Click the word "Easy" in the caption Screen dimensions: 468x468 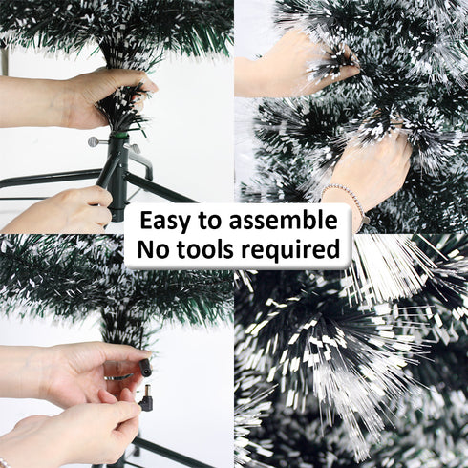(168, 221)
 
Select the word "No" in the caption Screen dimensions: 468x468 (157, 250)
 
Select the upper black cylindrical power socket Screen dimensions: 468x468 (145, 368)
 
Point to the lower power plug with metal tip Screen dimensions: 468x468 (145, 399)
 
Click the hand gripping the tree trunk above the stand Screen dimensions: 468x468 (96, 96)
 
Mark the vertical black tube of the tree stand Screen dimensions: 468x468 (117, 181)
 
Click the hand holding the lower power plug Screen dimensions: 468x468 (86, 430)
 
